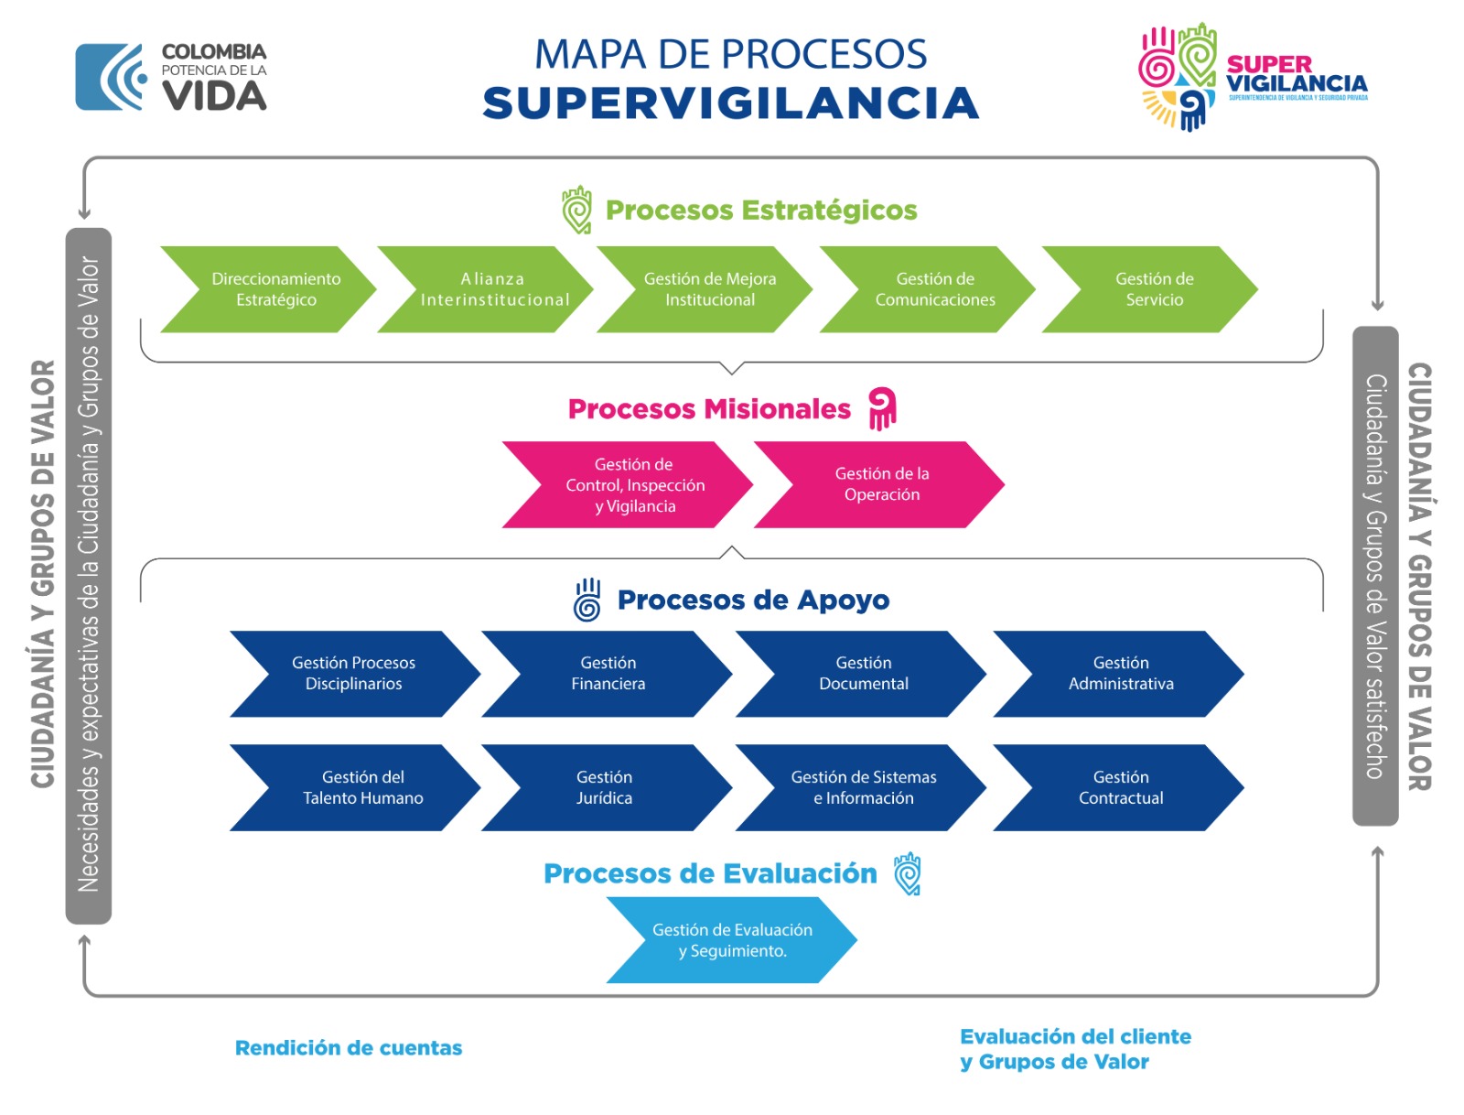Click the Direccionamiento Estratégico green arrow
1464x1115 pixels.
coord(275,289)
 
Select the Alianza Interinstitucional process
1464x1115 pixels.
coord(494,289)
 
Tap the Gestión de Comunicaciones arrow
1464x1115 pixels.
coord(934,289)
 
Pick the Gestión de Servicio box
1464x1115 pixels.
coord(1154,289)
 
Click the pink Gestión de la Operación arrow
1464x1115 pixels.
coord(881,484)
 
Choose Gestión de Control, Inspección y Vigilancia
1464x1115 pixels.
coord(634,485)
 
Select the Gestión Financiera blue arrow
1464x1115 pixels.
coord(608,674)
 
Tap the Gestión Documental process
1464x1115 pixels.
coord(863,674)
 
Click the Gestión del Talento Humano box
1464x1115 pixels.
coord(362,787)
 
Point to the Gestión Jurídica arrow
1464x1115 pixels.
coord(605,787)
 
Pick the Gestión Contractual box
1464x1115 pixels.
coord(1121,787)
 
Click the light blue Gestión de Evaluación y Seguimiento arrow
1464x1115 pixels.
coord(732,940)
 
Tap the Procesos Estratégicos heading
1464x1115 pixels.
coord(761,211)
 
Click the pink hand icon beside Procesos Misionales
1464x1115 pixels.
coord(882,408)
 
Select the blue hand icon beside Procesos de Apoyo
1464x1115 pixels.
coord(587,600)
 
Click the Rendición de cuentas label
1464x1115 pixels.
coord(349,1048)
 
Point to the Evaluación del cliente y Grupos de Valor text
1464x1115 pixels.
coord(1075,1049)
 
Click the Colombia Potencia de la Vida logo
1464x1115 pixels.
coord(172,77)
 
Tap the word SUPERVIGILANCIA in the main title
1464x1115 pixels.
coord(730,103)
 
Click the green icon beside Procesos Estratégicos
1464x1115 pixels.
coord(577,210)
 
